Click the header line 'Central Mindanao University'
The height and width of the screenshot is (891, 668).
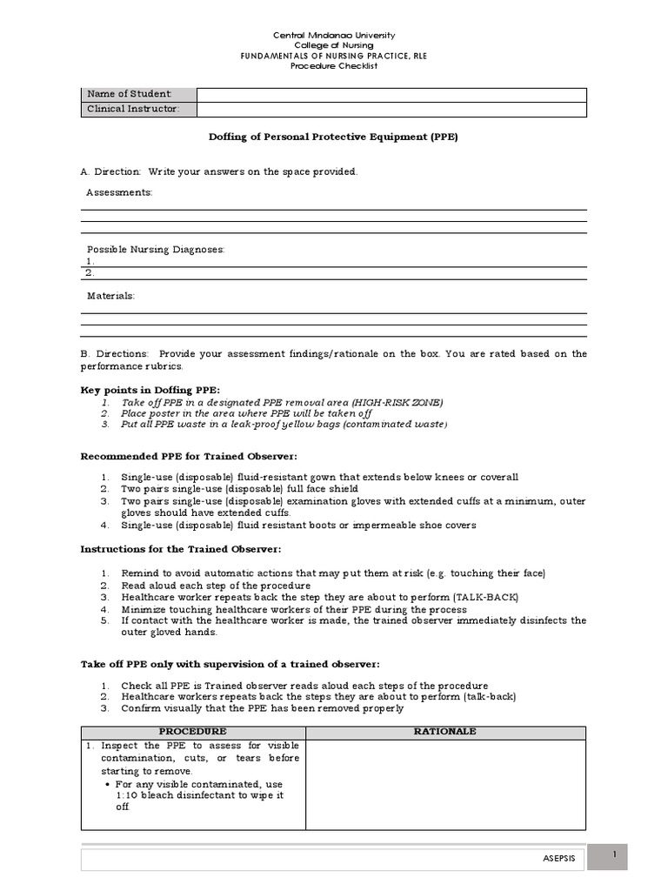334,36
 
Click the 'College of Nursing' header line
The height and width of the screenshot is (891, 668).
334,45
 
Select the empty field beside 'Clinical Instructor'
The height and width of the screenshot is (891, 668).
391,110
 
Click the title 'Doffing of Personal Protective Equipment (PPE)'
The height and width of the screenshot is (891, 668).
333,137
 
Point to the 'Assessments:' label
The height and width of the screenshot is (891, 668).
119,192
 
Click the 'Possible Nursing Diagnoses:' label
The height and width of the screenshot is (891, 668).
155,250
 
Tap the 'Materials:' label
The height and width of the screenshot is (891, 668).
110,296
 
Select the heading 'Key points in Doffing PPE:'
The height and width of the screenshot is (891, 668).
150,389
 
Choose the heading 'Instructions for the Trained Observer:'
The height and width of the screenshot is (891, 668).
181,549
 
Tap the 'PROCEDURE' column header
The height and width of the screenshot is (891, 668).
192,732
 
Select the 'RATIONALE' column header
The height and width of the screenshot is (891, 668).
445,732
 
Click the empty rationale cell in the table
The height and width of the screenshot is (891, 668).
445,784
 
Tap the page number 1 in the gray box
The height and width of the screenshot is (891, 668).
615,856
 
